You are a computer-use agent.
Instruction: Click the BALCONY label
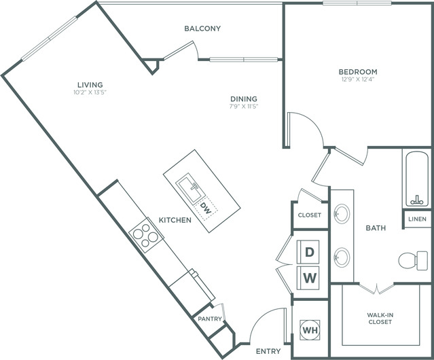click(202, 29)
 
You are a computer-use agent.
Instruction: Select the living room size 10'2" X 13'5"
click(90, 92)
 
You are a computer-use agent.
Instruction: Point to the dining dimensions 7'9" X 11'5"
click(244, 106)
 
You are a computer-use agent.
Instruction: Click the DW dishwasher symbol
click(206, 209)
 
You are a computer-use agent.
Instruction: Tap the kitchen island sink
click(189, 189)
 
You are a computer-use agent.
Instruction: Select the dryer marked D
click(308, 252)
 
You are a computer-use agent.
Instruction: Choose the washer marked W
click(308, 278)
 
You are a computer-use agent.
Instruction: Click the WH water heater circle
click(310, 330)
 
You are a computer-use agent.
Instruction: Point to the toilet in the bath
click(413, 260)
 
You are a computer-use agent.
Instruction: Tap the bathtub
click(417, 179)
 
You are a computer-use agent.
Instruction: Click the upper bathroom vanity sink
click(341, 213)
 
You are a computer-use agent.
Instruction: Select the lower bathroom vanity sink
click(341, 257)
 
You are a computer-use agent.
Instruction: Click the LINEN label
click(417, 219)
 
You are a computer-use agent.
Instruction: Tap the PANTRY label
click(210, 319)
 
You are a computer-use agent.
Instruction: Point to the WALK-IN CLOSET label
click(380, 318)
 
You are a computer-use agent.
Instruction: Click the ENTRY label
click(268, 351)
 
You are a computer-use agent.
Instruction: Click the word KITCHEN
click(175, 220)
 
